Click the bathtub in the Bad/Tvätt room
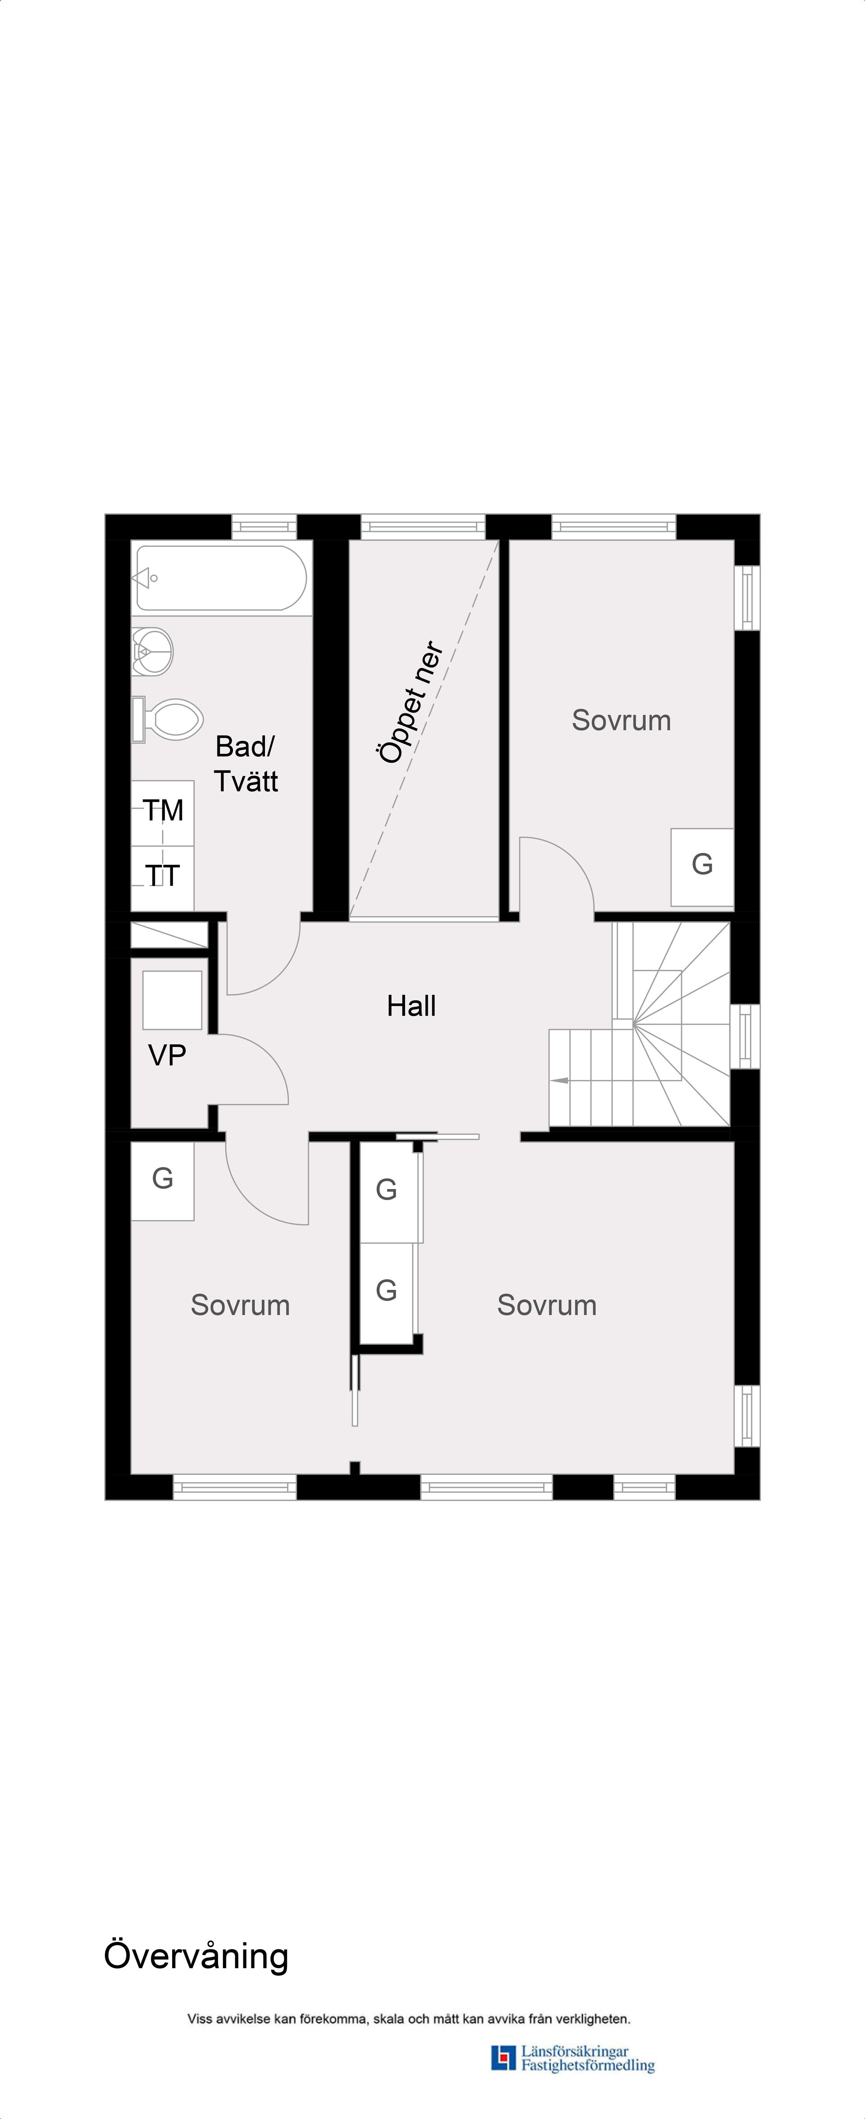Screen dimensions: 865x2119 221,577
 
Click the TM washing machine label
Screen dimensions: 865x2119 163,810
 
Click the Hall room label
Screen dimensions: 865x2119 411,1005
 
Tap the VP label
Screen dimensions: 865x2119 167,1055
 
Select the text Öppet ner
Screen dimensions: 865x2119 411,702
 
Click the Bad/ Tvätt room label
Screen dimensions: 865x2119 245,763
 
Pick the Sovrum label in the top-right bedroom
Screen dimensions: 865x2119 621,720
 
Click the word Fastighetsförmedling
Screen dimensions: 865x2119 587,2065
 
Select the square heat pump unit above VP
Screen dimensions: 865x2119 172,999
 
